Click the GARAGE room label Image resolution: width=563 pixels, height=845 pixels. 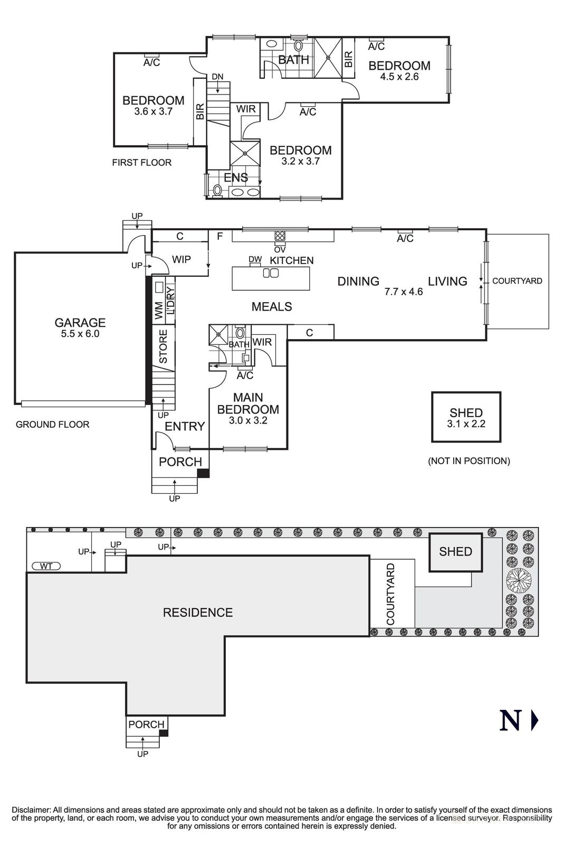click(80, 323)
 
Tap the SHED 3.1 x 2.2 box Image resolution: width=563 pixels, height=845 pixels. click(466, 417)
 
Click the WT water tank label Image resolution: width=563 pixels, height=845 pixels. click(46, 566)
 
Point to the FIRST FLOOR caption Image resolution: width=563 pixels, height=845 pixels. click(141, 163)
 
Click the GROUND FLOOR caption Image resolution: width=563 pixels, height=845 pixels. click(52, 425)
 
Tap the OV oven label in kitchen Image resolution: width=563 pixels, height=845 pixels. click(280, 249)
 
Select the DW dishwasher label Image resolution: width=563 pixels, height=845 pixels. click(255, 259)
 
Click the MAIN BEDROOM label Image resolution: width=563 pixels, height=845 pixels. click(248, 403)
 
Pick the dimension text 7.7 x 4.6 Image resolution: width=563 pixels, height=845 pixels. click(404, 292)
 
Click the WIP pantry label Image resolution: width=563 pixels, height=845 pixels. click(181, 260)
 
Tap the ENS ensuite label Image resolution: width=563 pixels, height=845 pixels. click(235, 178)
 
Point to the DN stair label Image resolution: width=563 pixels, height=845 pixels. click(217, 77)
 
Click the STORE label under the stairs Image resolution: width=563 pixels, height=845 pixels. click(163, 346)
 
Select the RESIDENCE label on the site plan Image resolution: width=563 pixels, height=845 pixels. click(197, 613)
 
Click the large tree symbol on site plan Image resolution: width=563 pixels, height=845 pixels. click(519, 581)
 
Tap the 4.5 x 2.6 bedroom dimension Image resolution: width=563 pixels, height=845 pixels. click(399, 77)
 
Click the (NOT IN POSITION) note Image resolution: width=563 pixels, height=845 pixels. click(469, 461)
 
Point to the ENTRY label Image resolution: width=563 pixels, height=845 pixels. click(185, 427)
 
